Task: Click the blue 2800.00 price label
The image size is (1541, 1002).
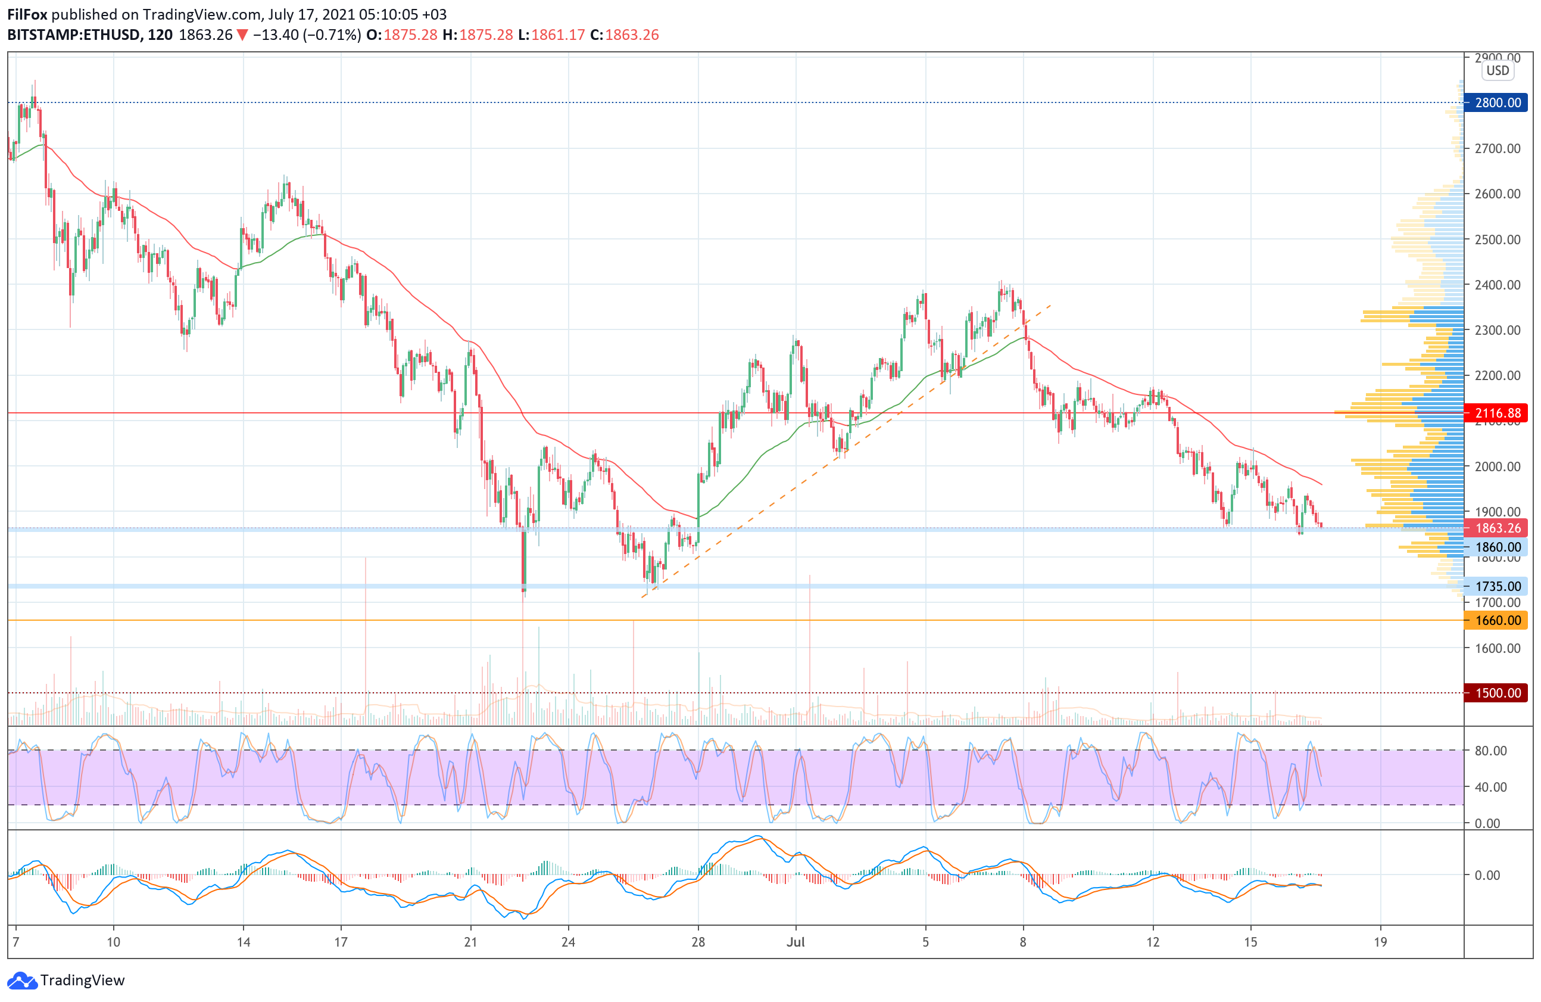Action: tap(1497, 102)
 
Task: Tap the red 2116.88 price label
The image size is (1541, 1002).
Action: tap(1497, 413)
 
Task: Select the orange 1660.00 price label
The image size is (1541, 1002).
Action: tap(1497, 621)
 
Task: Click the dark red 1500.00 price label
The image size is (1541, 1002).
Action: tap(1497, 693)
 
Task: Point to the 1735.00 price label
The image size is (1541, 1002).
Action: tap(1497, 586)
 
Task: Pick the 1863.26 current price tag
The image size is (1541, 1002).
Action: tap(1497, 528)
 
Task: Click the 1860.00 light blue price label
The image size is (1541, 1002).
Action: tap(1497, 547)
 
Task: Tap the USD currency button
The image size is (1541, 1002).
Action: tap(1497, 71)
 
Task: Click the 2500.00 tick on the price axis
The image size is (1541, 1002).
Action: tap(1497, 239)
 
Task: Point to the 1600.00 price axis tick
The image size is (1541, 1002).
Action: tap(1497, 648)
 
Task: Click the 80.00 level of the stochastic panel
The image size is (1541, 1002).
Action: tap(1490, 751)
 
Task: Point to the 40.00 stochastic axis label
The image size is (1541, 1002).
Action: tap(1490, 787)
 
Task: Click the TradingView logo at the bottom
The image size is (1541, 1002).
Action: tap(66, 980)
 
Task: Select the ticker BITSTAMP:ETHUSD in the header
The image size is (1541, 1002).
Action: tap(74, 35)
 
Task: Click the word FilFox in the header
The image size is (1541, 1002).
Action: tap(27, 14)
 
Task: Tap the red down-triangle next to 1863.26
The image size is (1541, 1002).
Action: tap(242, 35)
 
